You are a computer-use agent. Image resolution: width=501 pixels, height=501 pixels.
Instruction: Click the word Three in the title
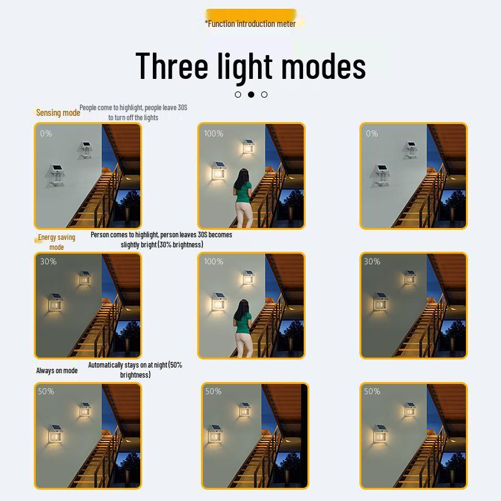(172, 66)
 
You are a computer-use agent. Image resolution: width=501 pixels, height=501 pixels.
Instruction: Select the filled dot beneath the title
(251, 95)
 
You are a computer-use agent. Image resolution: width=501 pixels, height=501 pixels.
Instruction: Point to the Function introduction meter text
(250, 24)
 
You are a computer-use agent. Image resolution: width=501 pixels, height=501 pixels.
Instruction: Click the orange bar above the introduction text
(250, 13)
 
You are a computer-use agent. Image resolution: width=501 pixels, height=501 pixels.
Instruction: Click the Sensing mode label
(58, 113)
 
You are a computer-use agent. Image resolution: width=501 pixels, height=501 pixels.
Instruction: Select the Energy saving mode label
(56, 242)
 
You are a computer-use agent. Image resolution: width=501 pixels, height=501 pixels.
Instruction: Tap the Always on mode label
(57, 371)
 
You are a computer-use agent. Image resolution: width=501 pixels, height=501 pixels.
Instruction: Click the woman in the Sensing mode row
(243, 199)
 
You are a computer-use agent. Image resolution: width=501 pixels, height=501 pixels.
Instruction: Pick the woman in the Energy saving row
(243, 327)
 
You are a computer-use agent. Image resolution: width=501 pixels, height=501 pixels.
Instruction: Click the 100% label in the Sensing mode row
(214, 133)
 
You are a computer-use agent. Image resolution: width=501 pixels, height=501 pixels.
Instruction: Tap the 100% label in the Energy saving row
(214, 261)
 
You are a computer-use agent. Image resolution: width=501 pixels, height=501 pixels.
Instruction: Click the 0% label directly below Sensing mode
(46, 133)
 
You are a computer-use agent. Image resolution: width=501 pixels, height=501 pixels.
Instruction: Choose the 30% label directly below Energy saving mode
(48, 261)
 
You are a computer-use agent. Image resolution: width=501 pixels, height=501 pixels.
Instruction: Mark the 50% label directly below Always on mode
(46, 391)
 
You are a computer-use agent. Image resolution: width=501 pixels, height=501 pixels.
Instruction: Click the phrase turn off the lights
(133, 118)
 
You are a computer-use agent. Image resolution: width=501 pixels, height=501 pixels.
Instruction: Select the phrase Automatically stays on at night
(127, 365)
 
